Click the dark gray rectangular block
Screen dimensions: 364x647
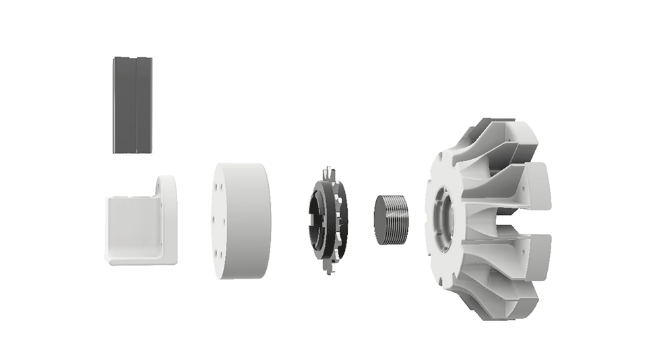[132, 104]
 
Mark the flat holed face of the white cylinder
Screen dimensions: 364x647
[221, 221]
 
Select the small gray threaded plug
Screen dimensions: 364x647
[390, 219]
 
